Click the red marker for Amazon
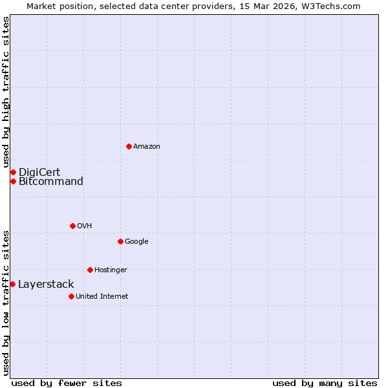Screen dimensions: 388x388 [129, 146]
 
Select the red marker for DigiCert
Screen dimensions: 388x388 [13, 172]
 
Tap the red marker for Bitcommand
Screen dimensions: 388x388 [13, 181]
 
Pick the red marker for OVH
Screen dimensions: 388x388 [72, 226]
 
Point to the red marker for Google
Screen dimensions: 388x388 [120, 241]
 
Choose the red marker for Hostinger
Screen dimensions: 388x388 [90, 270]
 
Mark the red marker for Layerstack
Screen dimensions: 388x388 [12, 284]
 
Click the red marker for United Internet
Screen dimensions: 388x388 [71, 296]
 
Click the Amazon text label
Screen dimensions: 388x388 [147, 146]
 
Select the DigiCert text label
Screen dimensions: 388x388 [39, 172]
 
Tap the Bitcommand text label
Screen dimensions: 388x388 [51, 181]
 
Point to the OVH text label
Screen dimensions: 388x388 [84, 226]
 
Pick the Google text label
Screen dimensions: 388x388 [136, 241]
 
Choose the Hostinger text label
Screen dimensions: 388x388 [111, 270]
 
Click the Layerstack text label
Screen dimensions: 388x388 [46, 284]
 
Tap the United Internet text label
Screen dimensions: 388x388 [102, 296]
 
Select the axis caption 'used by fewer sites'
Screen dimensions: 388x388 [67, 383]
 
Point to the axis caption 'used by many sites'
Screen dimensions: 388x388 [325, 383]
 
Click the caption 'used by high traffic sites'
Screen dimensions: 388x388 [6, 92]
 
